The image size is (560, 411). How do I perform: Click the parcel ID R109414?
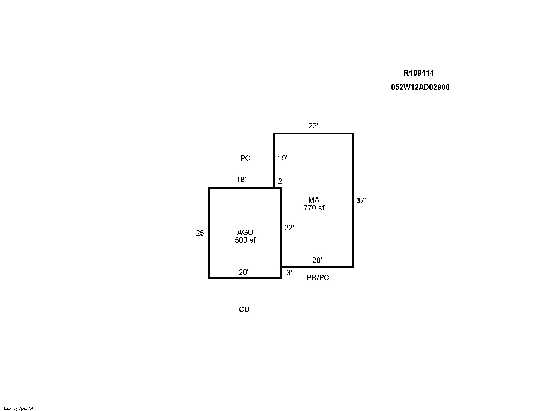point(419,73)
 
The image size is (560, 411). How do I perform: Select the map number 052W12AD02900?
point(420,87)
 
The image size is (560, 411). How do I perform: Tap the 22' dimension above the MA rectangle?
point(313,125)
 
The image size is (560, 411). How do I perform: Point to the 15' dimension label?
point(283,158)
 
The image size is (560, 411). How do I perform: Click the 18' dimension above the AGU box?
point(241,180)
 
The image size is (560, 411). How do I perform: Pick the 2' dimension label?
point(281,181)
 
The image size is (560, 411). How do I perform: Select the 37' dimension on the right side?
point(361,201)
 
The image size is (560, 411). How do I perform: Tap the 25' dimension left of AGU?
point(201,233)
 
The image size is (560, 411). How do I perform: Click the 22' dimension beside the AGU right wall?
point(289,228)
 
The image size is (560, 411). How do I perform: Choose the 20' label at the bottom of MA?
point(317,260)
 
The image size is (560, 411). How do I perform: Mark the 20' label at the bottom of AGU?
point(244,272)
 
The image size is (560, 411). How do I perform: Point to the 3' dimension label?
point(289,273)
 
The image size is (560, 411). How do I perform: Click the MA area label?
point(314,200)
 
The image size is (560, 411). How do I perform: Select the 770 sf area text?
point(314,208)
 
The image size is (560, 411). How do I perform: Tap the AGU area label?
point(245,233)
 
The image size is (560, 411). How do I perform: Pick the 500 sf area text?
point(245,240)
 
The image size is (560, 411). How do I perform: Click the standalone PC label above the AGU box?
point(245,158)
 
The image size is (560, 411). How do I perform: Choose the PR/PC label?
point(318,278)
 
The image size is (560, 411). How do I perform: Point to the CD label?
point(244,310)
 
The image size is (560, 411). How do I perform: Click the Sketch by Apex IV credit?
point(18,409)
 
